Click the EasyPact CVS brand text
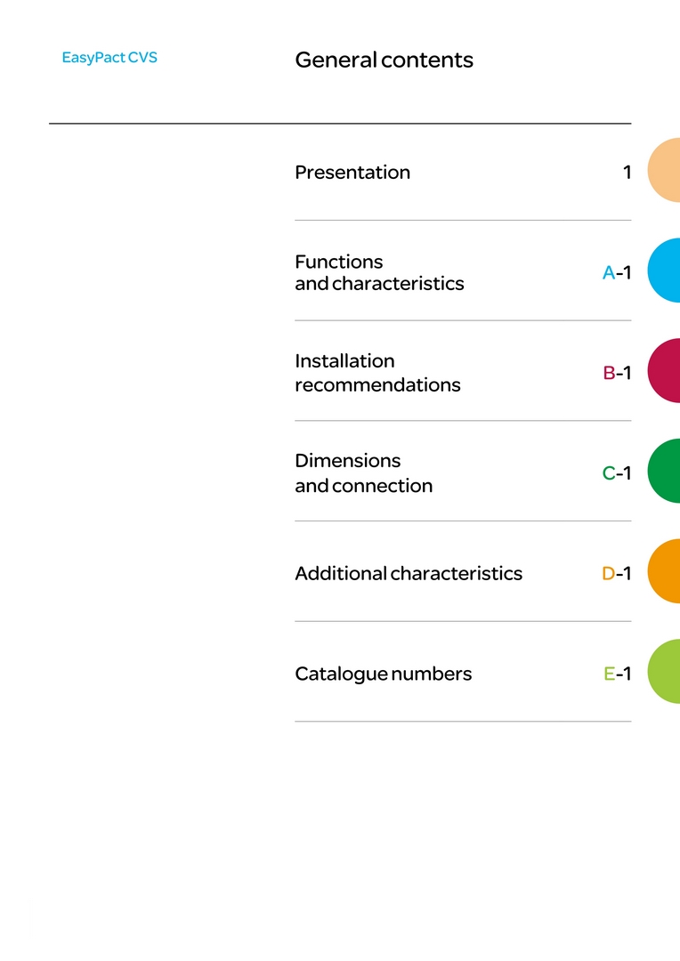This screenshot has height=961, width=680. pos(109,58)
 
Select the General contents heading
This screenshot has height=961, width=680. pos(384,61)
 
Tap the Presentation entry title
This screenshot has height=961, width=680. pos(352,173)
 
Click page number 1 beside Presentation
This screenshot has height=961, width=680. pos(627,173)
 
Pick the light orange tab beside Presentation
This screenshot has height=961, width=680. pos(665,170)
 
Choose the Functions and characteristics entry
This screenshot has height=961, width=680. pos(379,272)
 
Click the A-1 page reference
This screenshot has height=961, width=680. pos(617,272)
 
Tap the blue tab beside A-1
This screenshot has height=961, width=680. pos(665,271)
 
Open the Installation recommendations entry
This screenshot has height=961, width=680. pos(377,373)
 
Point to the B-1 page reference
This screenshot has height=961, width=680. pos(617,373)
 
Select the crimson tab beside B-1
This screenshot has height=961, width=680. pos(665,370)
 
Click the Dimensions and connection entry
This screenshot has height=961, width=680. pos(364,472)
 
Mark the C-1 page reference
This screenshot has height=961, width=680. pos(617,473)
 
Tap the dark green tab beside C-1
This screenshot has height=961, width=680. pos(665,471)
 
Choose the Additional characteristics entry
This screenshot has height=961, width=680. pos(409,573)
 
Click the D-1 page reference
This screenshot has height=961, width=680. pos(617,573)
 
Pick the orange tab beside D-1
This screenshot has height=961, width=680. pos(665,571)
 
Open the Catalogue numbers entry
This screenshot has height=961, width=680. pos(384,674)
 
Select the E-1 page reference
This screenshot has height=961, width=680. pos(618,674)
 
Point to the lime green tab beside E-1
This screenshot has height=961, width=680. pos(665,671)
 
